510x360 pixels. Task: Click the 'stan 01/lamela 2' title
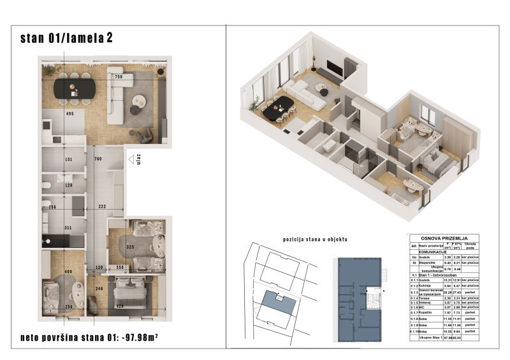click(x=67, y=38)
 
